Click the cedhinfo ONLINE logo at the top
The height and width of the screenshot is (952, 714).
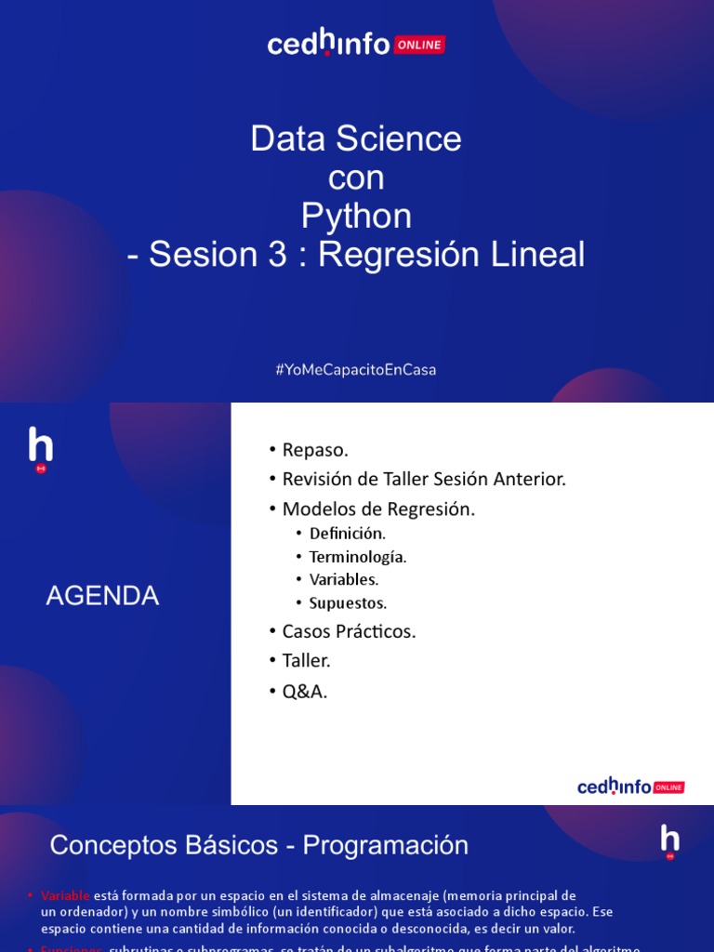pos(356,43)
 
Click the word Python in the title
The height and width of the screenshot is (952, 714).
pos(356,216)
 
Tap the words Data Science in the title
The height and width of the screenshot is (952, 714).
pos(356,139)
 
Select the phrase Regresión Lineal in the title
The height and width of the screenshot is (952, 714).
pos(452,255)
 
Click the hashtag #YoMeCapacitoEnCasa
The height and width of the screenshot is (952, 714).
pos(356,369)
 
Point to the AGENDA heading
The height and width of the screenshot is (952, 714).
pos(102,596)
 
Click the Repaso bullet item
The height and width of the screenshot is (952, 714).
pos(315,450)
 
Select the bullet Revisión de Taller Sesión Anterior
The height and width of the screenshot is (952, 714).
pos(424,480)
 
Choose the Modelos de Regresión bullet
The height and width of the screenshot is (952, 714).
pos(378,509)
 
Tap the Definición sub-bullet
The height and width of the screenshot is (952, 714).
pos(347,534)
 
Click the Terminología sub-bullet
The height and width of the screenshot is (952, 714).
pos(358,557)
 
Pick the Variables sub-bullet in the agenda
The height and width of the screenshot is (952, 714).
pos(344,579)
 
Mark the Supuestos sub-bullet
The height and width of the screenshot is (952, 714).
pos(348,602)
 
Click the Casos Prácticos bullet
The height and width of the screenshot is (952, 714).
pos(349,631)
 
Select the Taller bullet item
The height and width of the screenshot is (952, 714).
pos(306,661)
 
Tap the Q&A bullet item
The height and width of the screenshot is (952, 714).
pos(305,692)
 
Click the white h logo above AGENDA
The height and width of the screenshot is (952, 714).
pos(41,448)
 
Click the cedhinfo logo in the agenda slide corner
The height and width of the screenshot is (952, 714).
pos(631,787)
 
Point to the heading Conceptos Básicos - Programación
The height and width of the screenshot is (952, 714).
pos(258,845)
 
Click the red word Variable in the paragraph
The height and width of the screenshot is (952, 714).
pos(65,895)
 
